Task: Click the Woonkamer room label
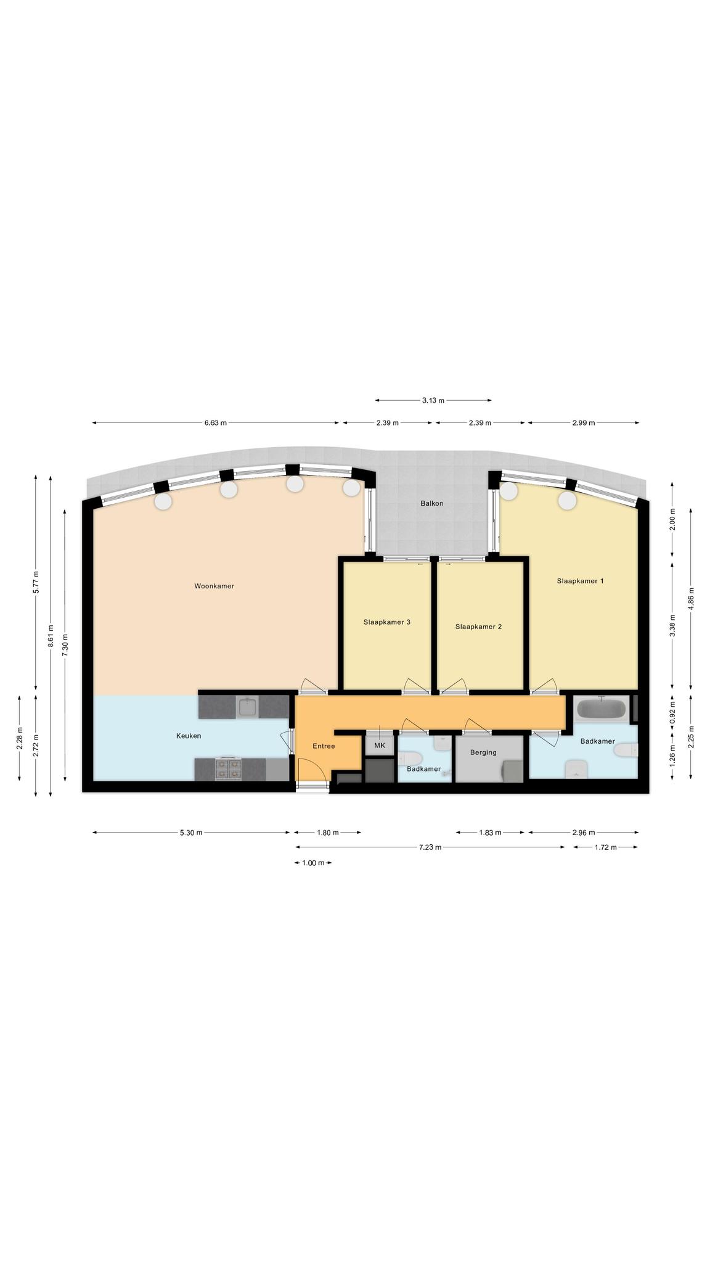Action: [214, 586]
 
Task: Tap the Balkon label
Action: [431, 503]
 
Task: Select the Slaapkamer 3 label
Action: [387, 622]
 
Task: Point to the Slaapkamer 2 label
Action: [478, 627]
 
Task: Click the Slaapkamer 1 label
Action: [580, 581]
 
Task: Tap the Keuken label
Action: [189, 736]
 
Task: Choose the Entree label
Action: [324, 746]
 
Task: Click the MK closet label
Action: [380, 746]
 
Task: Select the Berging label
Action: [483, 752]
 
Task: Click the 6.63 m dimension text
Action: [216, 423]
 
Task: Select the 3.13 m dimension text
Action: [433, 400]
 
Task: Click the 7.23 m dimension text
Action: [430, 847]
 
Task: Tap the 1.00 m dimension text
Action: [313, 863]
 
